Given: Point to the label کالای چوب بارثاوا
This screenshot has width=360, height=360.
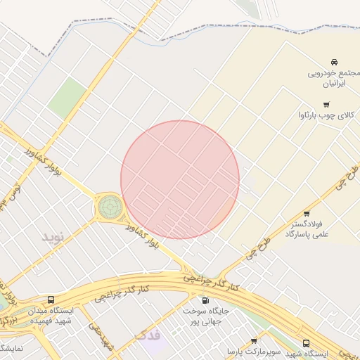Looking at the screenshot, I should pos(328,113).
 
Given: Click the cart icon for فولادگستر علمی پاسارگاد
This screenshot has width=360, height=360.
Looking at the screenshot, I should pos(307,214).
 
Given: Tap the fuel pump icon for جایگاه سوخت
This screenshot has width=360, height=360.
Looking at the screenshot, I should pos(205,300).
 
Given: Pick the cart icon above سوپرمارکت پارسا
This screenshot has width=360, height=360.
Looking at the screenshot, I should pos(254,341).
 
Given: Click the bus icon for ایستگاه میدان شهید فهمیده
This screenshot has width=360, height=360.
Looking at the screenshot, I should pos(50,300).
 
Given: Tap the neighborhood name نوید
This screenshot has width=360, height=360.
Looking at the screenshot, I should pos(53,236).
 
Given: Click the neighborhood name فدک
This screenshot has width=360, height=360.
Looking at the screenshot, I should pos(148,335).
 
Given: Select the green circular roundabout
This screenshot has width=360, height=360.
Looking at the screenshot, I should pos(109,207).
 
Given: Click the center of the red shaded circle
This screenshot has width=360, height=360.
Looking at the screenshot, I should pos(180,179).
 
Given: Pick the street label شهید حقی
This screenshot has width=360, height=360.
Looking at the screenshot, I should pos(101,336).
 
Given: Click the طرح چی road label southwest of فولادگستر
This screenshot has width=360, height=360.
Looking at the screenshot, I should pos(257,250).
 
